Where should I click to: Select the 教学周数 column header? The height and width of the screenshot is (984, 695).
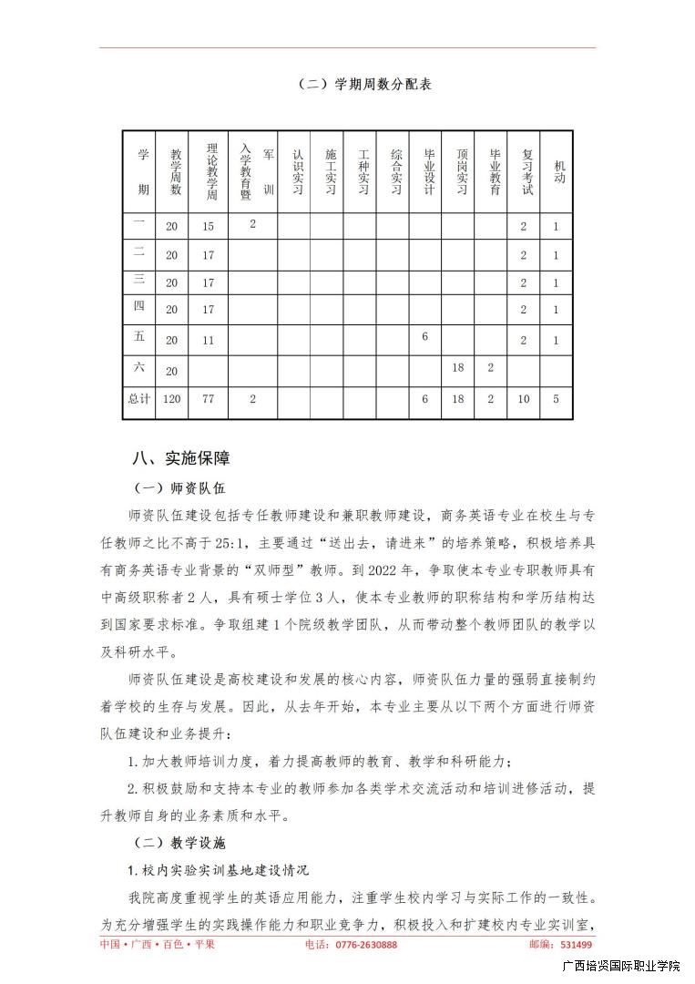[173, 170]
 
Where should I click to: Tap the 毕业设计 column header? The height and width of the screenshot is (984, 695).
[425, 170]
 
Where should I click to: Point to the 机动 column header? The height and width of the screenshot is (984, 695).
[557, 171]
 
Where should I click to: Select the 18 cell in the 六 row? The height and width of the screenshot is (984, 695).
[459, 368]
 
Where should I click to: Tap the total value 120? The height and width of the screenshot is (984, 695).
[172, 399]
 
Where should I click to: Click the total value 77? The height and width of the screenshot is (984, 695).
[209, 399]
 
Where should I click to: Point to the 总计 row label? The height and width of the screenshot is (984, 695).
[138, 398]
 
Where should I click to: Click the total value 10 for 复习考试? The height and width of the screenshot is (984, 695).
[524, 399]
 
